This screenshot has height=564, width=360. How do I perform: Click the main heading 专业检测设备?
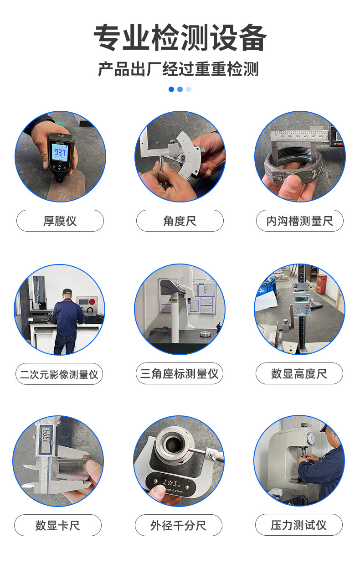click(x=180, y=38)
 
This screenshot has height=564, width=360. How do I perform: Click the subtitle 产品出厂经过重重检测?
click(x=179, y=69)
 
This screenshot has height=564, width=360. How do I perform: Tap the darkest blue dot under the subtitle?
click(x=171, y=89)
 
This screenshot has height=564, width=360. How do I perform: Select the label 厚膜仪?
click(x=60, y=221)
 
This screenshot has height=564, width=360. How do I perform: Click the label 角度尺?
click(x=180, y=221)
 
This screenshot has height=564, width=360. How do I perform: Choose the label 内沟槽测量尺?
click(x=299, y=221)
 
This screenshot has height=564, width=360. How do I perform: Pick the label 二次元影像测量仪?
click(x=59, y=374)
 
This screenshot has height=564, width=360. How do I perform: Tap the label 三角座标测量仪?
click(x=179, y=374)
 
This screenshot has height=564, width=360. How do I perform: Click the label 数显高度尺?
click(x=299, y=374)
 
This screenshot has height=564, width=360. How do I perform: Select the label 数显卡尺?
click(x=57, y=525)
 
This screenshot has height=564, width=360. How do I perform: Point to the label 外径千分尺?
click(x=178, y=525)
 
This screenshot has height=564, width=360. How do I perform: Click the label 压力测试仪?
click(x=298, y=525)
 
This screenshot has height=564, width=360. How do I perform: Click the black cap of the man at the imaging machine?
click(x=67, y=291)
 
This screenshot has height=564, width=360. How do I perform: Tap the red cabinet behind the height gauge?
click(x=322, y=284)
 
